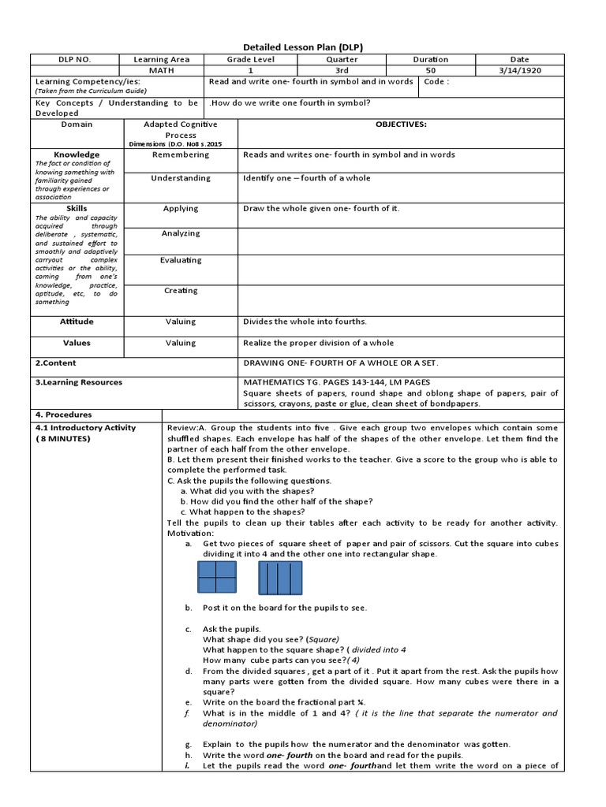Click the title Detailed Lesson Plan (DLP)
[x=302, y=46]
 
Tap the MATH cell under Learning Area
[x=161, y=71]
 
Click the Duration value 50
[x=430, y=71]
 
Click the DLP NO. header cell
[x=76, y=60]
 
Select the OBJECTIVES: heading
[x=401, y=125]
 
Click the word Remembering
[x=181, y=154]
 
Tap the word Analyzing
[x=181, y=233]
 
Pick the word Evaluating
[x=181, y=260]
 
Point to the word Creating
[x=181, y=291]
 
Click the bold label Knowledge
[x=77, y=154]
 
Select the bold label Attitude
[x=77, y=322]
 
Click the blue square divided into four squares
[x=217, y=578]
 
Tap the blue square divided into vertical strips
[x=280, y=578]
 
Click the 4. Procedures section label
[x=64, y=415]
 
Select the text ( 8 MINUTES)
[x=64, y=439]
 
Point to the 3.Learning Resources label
[x=78, y=382]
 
